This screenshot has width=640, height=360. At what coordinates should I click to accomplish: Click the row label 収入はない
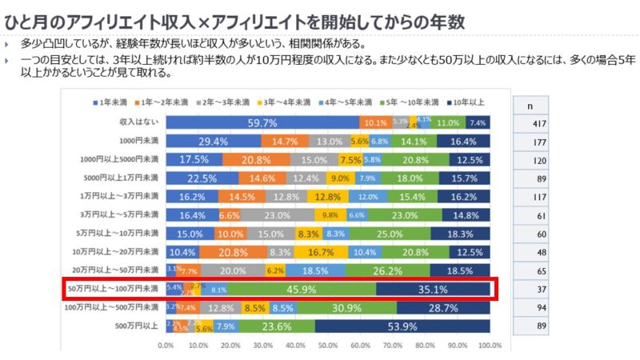point(140,122)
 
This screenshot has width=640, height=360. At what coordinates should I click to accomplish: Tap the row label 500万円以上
point(137,326)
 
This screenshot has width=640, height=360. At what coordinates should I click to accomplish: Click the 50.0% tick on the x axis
point(328,346)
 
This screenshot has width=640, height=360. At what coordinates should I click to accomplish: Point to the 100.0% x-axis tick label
point(490,346)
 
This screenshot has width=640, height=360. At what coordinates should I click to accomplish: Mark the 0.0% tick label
point(166,346)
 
